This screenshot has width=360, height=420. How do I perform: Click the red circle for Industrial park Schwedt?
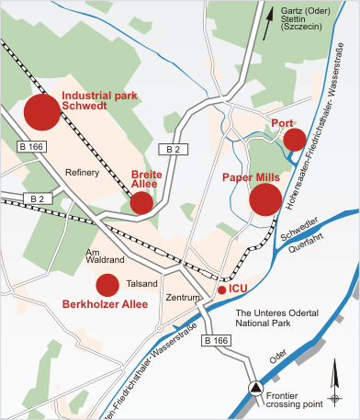point(41,112)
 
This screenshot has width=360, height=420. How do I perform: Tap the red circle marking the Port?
point(294,139)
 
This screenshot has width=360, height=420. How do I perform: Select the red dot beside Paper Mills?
point(265,199)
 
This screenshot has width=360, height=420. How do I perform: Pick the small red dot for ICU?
point(221,289)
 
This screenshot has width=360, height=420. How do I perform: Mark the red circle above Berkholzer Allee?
point(107,285)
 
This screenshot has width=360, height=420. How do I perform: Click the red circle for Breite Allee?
point(141,202)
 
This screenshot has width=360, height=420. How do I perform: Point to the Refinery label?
point(82,173)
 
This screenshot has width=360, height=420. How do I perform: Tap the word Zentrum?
point(182,298)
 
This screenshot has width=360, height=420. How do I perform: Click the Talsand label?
point(142,284)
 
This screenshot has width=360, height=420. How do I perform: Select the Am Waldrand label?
point(104,255)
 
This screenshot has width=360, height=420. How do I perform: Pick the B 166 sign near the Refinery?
point(30,146)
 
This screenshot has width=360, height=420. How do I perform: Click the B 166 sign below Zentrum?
point(213,341)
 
